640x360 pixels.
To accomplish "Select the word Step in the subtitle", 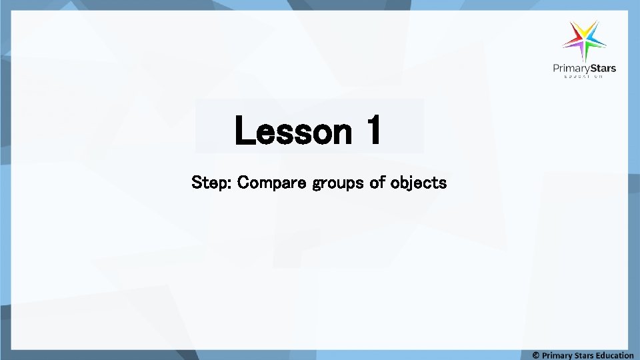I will tap(209, 182).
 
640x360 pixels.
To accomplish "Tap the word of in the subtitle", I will tap(378, 182).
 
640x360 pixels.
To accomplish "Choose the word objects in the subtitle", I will tap(418, 183).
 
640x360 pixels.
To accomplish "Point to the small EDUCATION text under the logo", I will tap(584, 77).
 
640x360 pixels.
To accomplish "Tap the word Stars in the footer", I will tap(584, 355).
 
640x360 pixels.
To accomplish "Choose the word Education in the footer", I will tap(615, 355).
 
